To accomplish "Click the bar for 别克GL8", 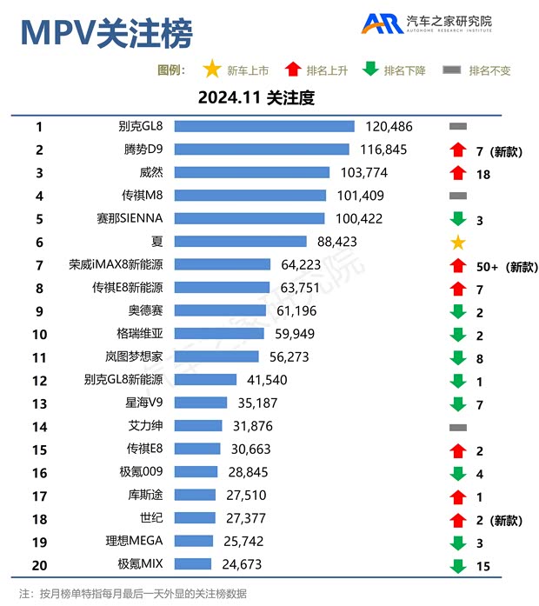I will tap(262, 127).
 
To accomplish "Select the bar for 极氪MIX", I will tap(191, 564).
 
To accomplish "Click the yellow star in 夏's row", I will tap(458, 242).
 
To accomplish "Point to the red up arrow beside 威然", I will tap(458, 173).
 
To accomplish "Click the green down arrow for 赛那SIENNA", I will tap(458, 219).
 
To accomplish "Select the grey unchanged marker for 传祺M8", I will tap(458, 196).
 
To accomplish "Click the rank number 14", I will tap(38, 426).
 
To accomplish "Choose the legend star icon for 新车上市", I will tap(211, 70).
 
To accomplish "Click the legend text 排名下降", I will tap(404, 70).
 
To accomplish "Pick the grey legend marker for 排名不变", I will tap(451, 70).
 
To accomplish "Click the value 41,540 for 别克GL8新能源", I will tap(266, 380).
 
